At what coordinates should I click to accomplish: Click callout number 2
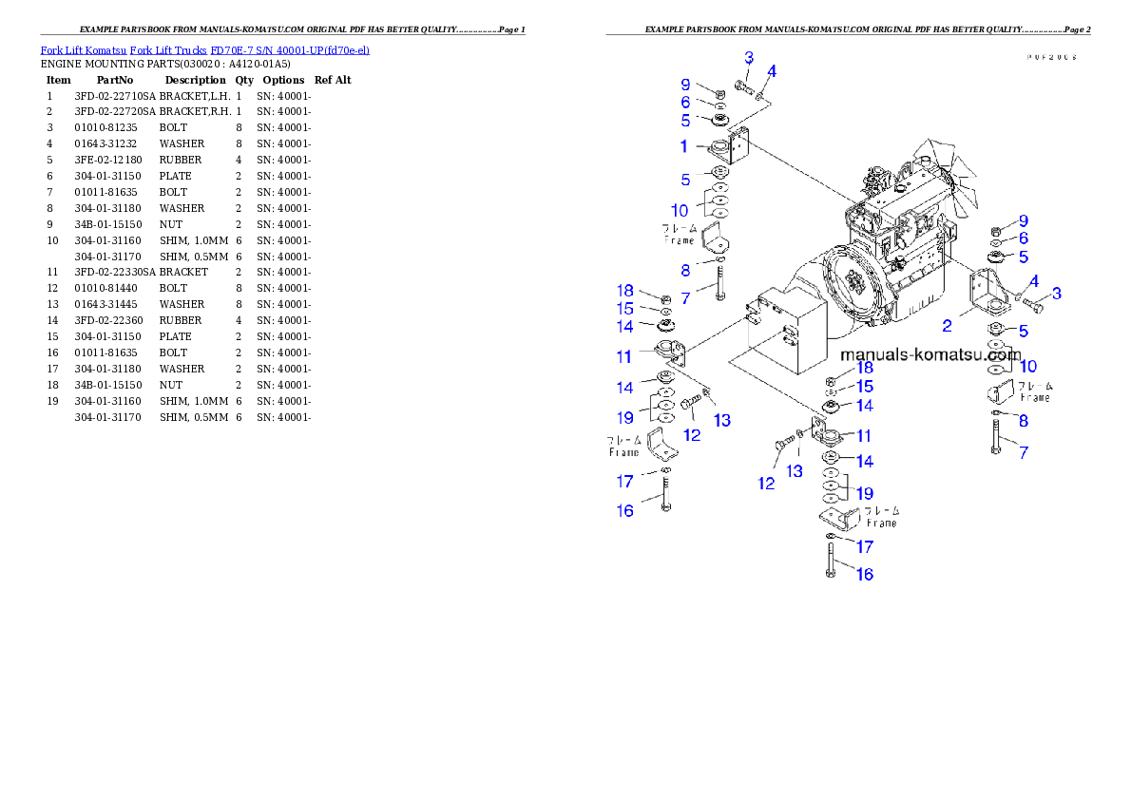(x=947, y=326)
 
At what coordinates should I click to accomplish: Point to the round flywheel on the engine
(x=853, y=285)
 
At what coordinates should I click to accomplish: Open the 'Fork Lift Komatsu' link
(x=83, y=49)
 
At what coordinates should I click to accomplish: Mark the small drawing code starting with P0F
(x=1050, y=57)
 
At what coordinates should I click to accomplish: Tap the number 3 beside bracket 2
(x=1056, y=294)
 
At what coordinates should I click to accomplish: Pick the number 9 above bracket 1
(x=684, y=85)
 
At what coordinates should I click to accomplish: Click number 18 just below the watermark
(x=865, y=368)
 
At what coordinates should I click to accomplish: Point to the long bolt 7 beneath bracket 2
(x=994, y=436)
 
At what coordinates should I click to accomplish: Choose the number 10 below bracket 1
(x=680, y=210)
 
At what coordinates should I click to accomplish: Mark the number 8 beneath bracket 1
(x=684, y=271)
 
